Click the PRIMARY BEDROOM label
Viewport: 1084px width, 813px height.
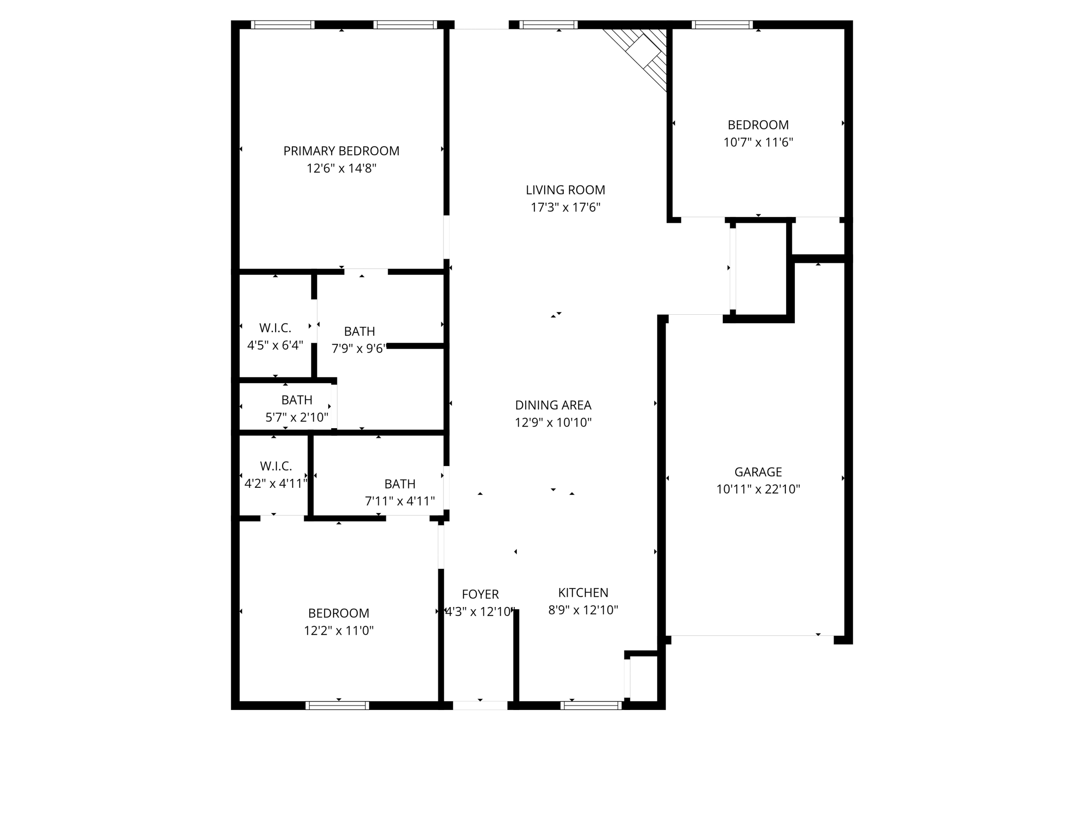341,151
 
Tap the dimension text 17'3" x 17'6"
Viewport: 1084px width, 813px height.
565,207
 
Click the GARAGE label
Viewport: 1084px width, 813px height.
758,472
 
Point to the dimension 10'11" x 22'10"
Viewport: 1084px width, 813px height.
758,489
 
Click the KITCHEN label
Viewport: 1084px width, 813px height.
583,593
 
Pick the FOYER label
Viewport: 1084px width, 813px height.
480,594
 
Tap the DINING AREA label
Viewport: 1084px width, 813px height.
553,405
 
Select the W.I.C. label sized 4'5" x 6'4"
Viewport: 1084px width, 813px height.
275,328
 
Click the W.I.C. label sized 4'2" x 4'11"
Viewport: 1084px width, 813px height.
275,466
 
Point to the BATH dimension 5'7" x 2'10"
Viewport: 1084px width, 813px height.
297,417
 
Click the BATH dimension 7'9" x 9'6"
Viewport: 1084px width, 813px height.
359,348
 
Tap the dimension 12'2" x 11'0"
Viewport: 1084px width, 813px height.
338,630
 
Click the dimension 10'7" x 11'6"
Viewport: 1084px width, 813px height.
758,142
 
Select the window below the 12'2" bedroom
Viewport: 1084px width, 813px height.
337,705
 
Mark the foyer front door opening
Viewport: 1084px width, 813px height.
480,705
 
